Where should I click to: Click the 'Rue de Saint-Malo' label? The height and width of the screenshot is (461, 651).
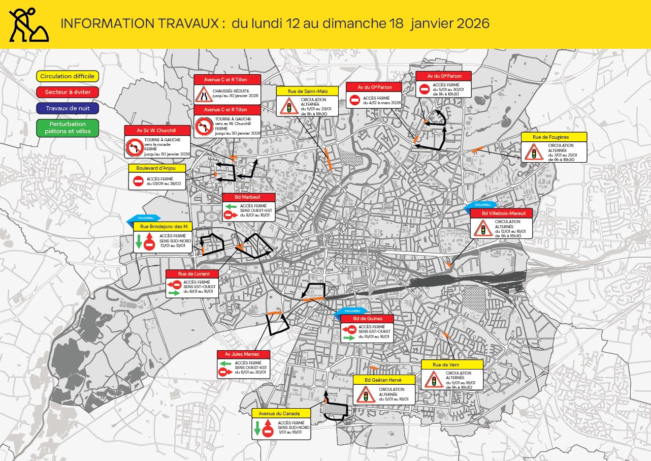click(308, 91)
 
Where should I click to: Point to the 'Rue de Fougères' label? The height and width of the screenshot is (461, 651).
click(554, 137)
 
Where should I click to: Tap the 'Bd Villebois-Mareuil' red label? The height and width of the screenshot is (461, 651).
click(501, 213)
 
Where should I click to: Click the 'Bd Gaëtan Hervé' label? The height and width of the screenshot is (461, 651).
click(384, 380)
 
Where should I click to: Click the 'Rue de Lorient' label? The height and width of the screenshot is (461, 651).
click(192, 273)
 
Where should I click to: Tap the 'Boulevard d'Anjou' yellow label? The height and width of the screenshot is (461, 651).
click(157, 168)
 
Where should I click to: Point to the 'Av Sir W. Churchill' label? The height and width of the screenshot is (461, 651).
click(157, 130)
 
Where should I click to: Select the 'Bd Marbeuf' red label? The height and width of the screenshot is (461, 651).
click(249, 197)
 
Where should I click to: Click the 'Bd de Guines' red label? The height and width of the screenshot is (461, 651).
click(367, 318)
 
